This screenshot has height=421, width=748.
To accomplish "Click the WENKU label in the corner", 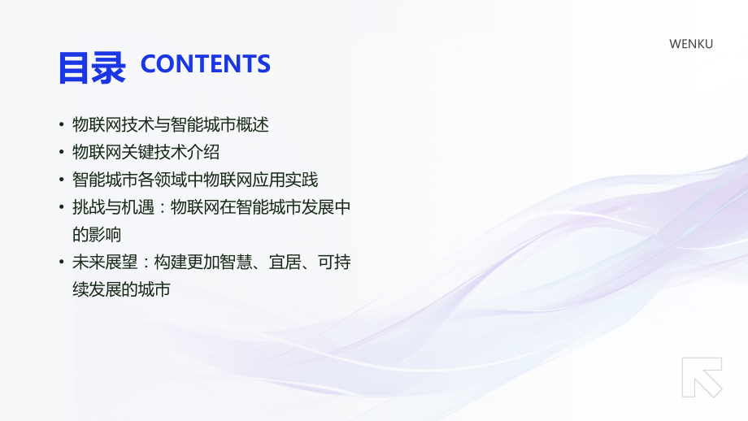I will click(690, 44).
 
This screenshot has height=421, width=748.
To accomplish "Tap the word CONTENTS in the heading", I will click(205, 64).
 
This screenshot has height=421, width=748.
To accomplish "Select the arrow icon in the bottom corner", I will click(702, 377).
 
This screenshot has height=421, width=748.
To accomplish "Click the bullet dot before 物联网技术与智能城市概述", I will click(62, 125).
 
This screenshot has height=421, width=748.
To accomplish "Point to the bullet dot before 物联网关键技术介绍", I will click(62, 153).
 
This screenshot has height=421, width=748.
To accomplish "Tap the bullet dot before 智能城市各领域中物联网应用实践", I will click(62, 180).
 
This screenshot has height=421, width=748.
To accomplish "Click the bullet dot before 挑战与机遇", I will click(62, 207).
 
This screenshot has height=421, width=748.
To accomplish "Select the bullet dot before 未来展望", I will click(62, 263).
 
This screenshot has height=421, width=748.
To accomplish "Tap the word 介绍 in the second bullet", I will click(203, 153).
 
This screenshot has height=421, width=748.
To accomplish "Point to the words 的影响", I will click(97, 235).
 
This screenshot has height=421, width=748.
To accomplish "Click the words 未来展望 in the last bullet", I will click(105, 263).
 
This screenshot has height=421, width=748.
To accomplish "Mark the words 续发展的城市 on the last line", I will click(121, 289).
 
